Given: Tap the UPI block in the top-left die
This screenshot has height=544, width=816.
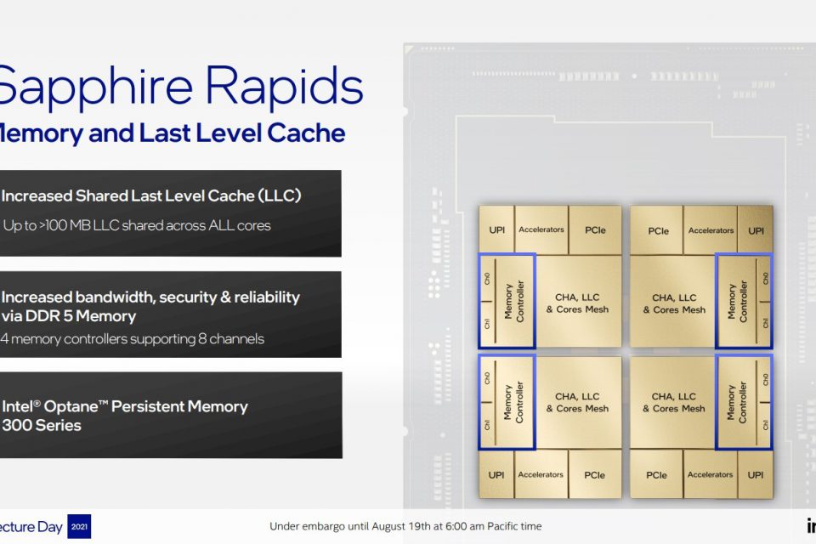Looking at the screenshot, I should (496, 230).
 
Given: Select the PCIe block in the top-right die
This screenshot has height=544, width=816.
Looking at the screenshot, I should (658, 230).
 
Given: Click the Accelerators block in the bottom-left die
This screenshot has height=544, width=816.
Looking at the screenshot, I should (541, 474).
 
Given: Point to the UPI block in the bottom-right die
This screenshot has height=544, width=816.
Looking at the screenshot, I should (756, 475).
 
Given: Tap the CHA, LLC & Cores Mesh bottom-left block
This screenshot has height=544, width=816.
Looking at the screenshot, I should (577, 402).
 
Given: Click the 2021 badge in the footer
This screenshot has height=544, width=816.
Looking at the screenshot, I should (78, 526).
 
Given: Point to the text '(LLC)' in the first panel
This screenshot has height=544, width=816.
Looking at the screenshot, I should (280, 196).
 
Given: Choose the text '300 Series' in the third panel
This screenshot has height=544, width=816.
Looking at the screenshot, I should (42, 424).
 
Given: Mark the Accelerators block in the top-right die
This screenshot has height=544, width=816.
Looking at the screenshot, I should (711, 230).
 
